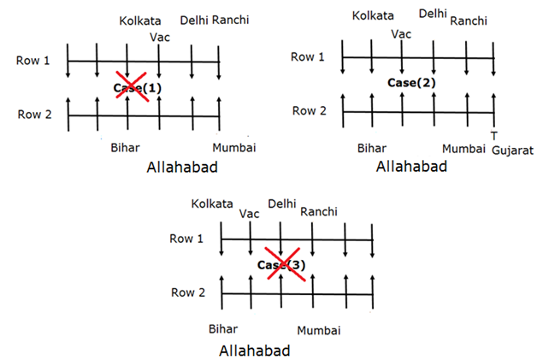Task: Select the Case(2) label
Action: click(x=410, y=83)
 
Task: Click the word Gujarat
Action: click(x=512, y=150)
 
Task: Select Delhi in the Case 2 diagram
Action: click(x=434, y=14)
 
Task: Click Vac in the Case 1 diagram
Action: click(x=160, y=37)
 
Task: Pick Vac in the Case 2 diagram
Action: click(x=400, y=34)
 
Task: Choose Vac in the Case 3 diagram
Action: click(x=250, y=214)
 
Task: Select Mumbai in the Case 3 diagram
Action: click(x=319, y=330)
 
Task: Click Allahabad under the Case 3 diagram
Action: click(x=255, y=351)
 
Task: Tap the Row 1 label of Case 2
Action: click(x=309, y=57)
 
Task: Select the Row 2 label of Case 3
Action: click(x=190, y=292)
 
